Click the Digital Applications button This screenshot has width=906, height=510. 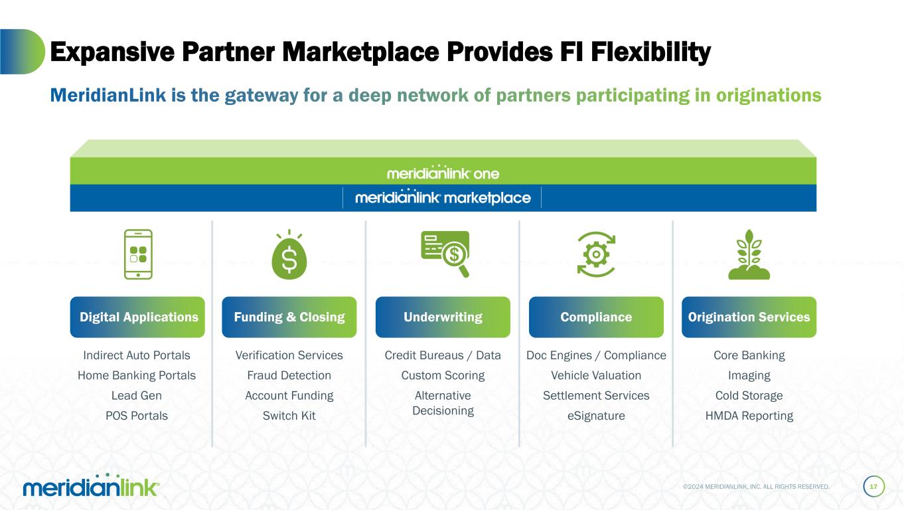point(138,317)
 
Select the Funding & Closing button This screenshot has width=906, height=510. point(289,317)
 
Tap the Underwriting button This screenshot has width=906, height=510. point(443,317)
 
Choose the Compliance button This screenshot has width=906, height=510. point(596,317)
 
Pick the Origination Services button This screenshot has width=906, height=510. point(749,317)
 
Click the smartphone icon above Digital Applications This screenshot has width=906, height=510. point(138,254)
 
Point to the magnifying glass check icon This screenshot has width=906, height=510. point(445,253)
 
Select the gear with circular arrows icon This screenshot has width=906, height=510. point(597,254)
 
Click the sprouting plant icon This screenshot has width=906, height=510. point(749,254)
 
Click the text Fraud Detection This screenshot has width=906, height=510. point(289,375)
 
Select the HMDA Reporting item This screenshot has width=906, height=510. point(749,416)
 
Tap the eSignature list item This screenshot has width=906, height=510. point(596,416)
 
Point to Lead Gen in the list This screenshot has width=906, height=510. point(137,396)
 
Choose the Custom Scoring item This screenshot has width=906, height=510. point(443,375)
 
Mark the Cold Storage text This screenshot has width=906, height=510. point(749,396)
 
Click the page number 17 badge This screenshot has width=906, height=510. point(873,487)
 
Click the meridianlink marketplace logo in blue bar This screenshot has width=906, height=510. point(443,197)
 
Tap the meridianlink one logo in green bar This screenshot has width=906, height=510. point(443,173)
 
